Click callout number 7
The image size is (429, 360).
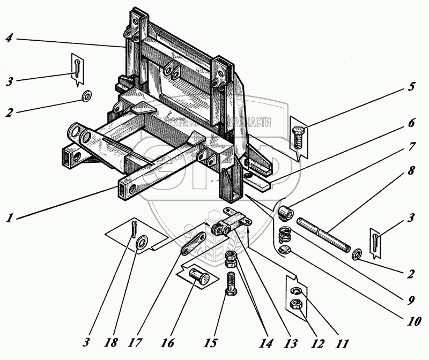pos(412,146)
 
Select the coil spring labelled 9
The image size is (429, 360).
pos(285,234)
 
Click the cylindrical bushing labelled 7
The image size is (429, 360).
pos(287,212)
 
